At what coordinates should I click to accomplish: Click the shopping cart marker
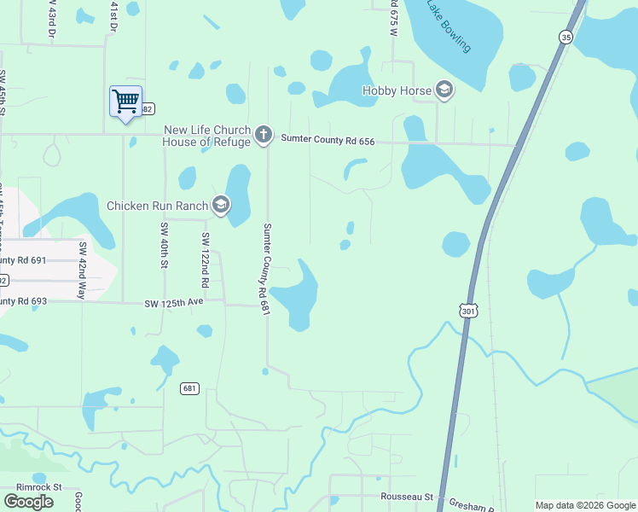pyautogui.click(x=125, y=102)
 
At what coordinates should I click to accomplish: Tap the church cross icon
pyautogui.click(x=264, y=135)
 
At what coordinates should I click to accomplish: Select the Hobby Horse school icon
pyautogui.click(x=444, y=90)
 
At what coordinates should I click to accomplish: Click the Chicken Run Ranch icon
pyautogui.click(x=221, y=205)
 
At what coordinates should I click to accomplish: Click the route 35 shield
pyautogui.click(x=565, y=37)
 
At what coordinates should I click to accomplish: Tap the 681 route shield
pyautogui.click(x=190, y=389)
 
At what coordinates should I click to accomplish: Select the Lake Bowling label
pyautogui.click(x=449, y=26)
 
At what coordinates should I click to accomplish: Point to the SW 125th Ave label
pyautogui.click(x=174, y=303)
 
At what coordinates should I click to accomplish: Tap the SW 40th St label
pyautogui.click(x=163, y=245)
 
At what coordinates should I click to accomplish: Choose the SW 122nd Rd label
pyautogui.click(x=205, y=259)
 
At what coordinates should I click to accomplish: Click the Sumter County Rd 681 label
pyautogui.click(x=266, y=271)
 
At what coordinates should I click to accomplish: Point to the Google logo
pyautogui.click(x=28, y=502)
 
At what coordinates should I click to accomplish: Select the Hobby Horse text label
pyautogui.click(x=397, y=90)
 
